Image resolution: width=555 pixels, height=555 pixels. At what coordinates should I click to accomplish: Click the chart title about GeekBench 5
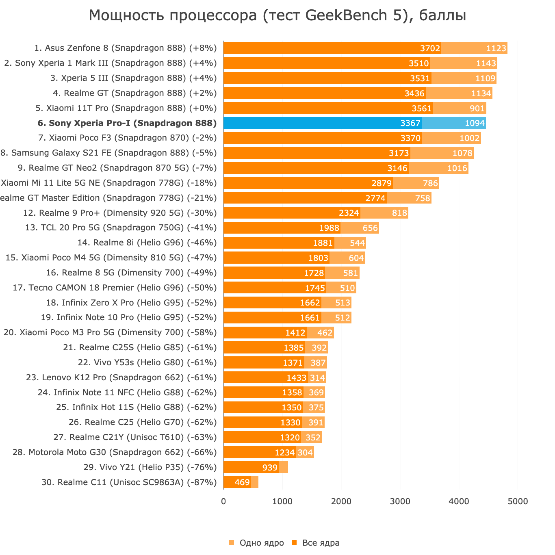point(277,15)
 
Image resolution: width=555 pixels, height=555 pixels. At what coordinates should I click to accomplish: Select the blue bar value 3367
point(410,123)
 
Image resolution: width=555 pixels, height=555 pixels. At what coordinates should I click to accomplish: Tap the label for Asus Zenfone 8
point(125,48)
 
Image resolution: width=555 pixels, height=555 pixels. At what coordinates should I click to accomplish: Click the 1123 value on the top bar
point(496,48)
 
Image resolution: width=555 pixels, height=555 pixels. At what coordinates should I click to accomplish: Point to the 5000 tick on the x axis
point(518,501)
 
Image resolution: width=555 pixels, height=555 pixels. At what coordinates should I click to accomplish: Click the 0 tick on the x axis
point(223,501)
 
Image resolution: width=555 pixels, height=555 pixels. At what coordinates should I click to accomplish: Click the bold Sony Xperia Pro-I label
point(127,123)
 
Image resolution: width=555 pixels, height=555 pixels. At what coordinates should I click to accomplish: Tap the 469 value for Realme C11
point(242,482)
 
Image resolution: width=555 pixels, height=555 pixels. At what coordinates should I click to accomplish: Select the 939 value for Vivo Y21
point(270,467)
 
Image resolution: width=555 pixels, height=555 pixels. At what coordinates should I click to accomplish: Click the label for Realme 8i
point(147,243)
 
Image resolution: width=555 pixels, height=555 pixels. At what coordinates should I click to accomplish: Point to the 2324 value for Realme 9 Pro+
point(349,213)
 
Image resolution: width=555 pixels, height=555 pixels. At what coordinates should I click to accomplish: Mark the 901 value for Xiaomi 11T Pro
point(477,108)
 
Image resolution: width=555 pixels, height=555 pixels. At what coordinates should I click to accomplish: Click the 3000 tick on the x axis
point(400,501)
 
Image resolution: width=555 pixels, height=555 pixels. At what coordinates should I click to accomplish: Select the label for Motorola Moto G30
point(115,452)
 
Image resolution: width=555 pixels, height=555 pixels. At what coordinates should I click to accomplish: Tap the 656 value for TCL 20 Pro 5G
point(370,228)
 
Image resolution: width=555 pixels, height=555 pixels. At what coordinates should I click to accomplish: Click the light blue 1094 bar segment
point(454,123)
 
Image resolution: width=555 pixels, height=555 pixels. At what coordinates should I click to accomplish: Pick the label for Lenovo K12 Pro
point(121,377)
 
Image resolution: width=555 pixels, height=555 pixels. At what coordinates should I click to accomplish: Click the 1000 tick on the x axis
point(282,501)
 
